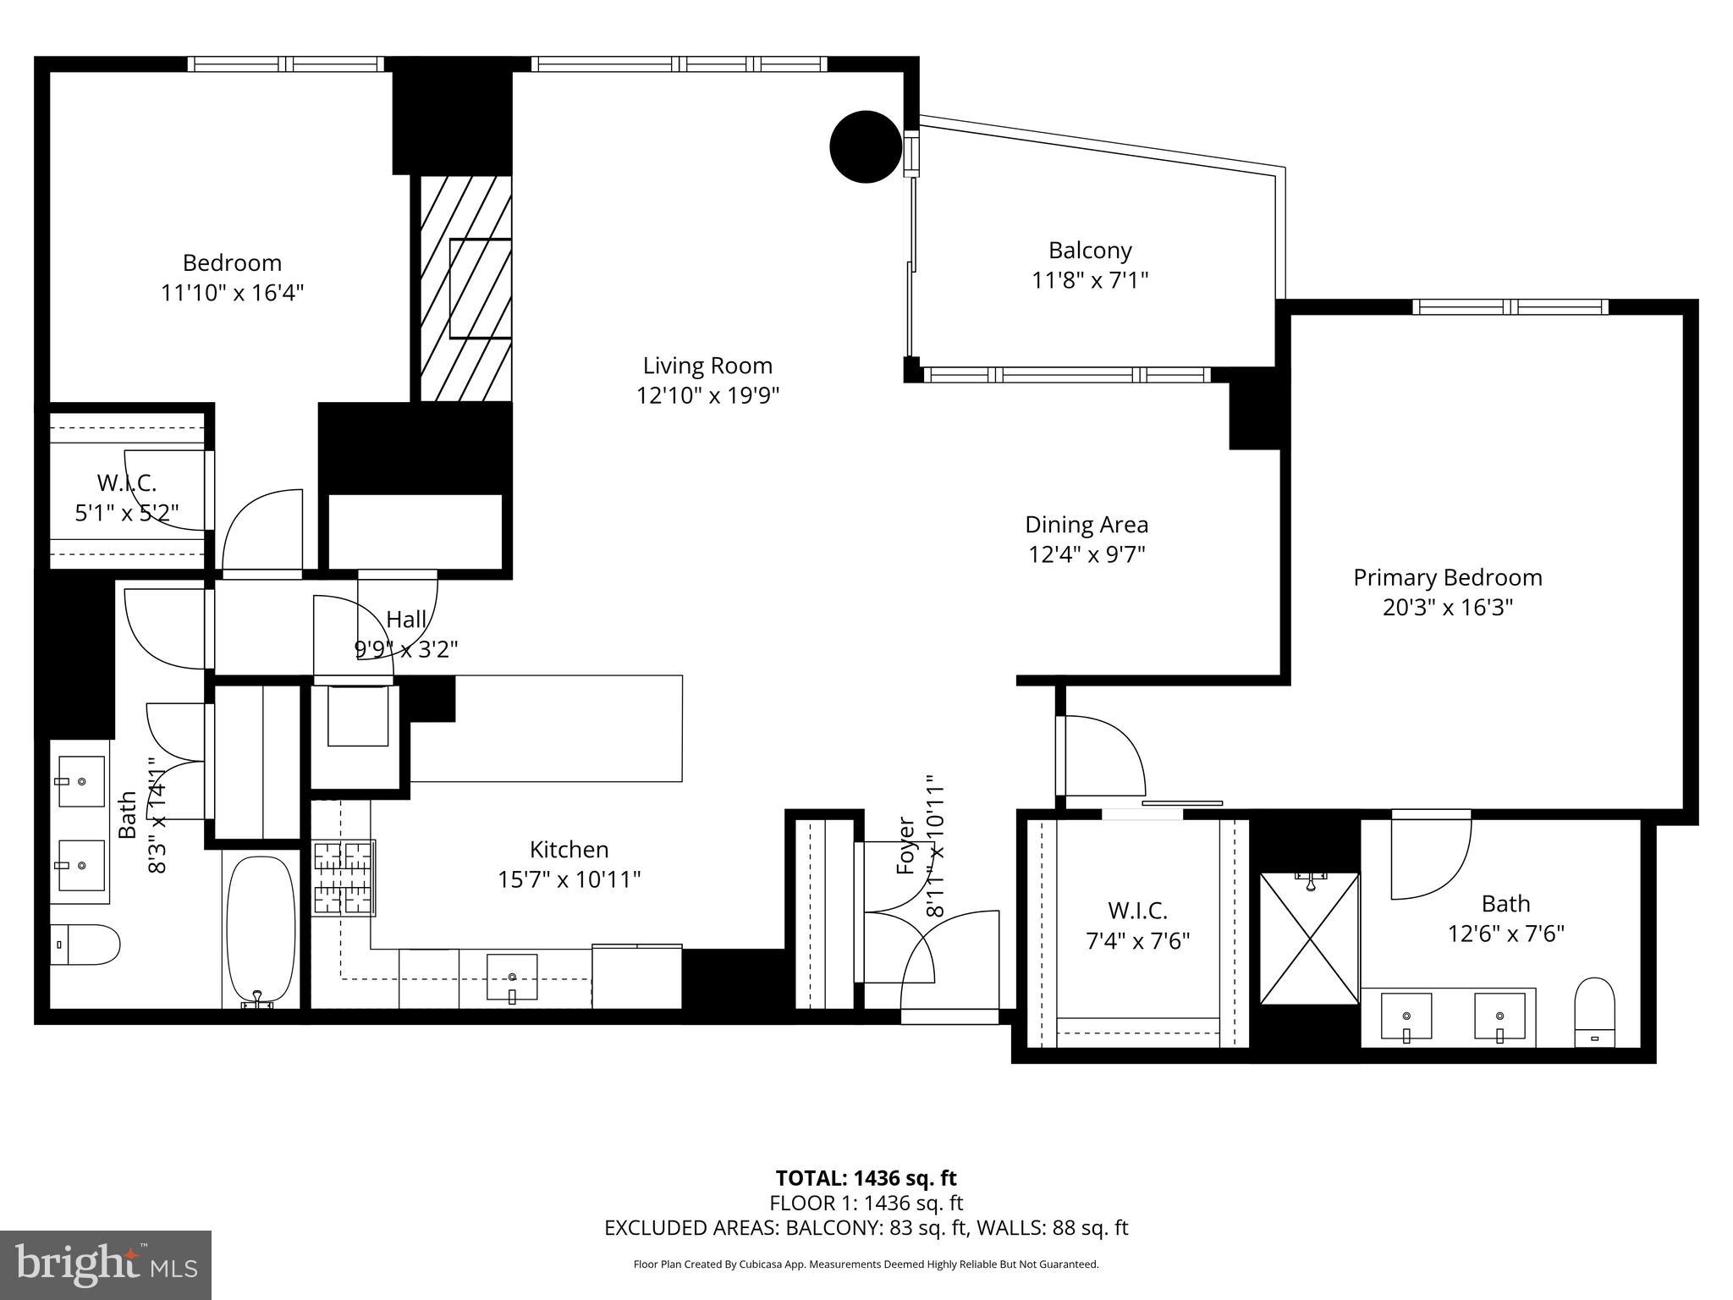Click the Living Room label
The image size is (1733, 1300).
(x=707, y=366)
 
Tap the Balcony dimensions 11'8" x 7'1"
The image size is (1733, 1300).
(x=1090, y=280)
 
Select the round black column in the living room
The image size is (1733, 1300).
(x=865, y=146)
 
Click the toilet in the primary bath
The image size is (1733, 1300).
(x=1595, y=1012)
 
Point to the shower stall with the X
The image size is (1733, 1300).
(x=1309, y=939)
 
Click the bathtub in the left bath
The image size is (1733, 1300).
(x=261, y=929)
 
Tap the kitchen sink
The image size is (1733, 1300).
(x=511, y=977)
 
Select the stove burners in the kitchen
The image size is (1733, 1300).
(x=344, y=878)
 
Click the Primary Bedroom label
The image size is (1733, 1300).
(x=1447, y=578)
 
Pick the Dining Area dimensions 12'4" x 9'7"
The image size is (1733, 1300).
(x=1087, y=555)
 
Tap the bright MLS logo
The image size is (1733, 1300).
(x=106, y=1264)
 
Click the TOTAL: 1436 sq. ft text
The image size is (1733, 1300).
(x=866, y=1178)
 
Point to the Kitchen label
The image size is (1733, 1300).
(x=569, y=850)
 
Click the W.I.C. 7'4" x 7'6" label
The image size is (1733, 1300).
(x=1137, y=926)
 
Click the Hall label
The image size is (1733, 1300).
(x=406, y=620)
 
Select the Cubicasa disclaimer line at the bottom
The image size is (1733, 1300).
(x=866, y=1264)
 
